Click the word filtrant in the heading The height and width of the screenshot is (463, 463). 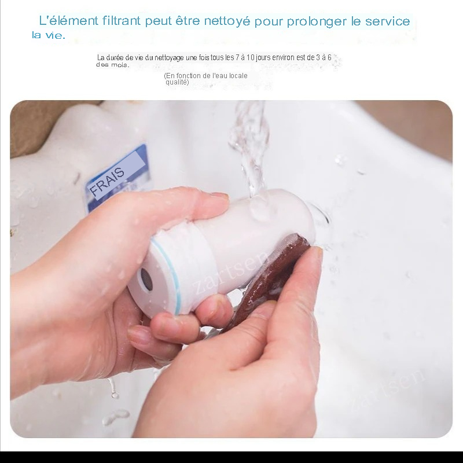tap(122, 21)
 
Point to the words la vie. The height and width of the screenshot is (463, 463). tap(49, 35)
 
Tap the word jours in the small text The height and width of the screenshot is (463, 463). tap(263, 57)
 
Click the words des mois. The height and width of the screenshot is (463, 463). tap(113, 65)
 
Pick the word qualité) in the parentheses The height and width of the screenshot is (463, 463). tap(177, 82)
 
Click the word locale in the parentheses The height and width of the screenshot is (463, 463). tap(237, 76)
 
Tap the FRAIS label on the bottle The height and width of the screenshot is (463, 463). tap(107, 182)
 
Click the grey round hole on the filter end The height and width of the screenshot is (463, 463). tap(146, 278)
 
